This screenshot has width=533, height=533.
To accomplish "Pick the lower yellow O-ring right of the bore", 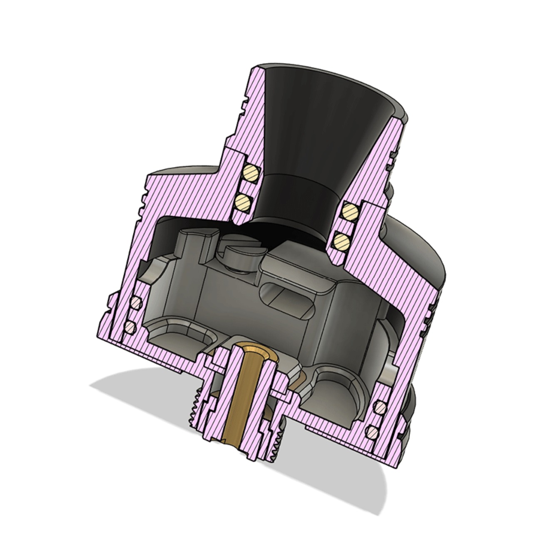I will pos(341,239).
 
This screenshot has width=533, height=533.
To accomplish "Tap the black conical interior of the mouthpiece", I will pos(316,125).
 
